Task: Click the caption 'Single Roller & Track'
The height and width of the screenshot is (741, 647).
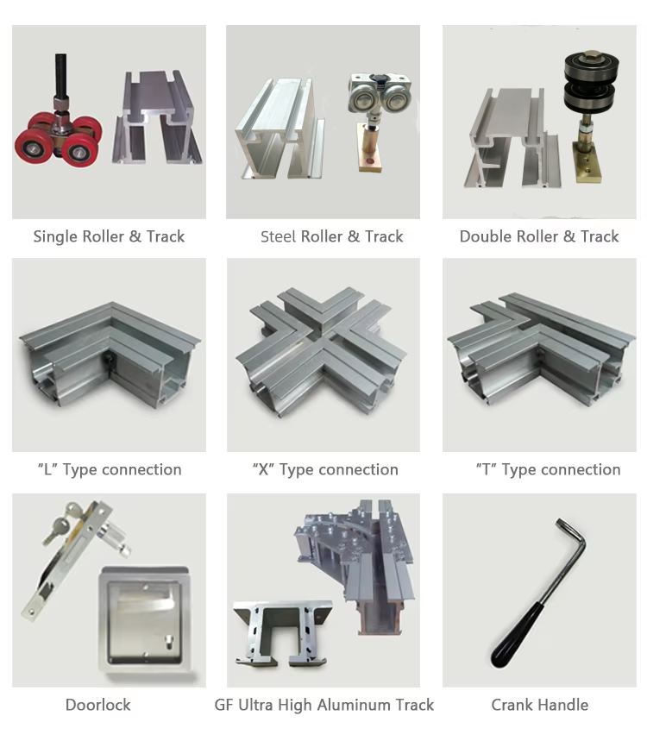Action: [109, 236]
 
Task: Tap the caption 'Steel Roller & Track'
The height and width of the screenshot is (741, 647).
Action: [332, 236]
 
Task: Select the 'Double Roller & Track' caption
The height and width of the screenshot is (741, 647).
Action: [539, 236]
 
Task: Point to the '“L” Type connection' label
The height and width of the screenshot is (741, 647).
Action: [110, 469]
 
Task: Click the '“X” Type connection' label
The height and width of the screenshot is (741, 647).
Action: [325, 469]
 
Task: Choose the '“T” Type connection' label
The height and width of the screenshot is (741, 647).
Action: [549, 469]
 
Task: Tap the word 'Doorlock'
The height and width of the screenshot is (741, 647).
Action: [97, 705]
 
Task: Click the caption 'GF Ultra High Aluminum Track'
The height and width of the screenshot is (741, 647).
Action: [324, 705]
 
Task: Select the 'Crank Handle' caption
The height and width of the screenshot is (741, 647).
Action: [540, 705]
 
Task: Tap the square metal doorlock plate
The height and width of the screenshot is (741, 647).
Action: [146, 619]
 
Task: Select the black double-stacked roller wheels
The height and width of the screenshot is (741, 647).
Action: [591, 82]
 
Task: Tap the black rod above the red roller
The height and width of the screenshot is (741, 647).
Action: [60, 75]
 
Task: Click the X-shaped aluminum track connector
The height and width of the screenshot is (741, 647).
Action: [323, 350]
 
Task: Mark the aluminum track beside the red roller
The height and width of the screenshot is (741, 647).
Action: [157, 118]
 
